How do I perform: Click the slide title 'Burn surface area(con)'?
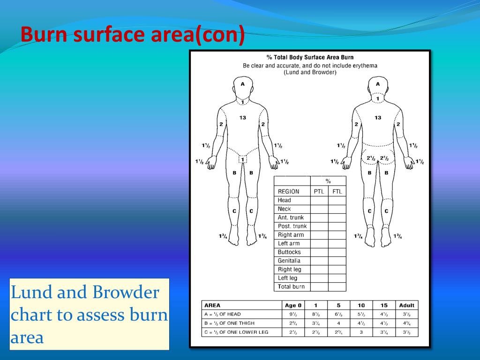133,34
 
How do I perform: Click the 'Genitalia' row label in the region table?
289,261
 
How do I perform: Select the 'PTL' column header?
319,192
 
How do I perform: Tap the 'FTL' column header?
337,192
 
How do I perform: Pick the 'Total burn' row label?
291,287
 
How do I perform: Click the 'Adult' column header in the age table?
406,305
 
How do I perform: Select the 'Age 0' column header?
293,305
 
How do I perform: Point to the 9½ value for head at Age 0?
293,315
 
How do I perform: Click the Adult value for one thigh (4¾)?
406,323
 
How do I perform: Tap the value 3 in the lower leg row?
361,332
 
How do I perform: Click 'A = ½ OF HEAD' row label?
223,315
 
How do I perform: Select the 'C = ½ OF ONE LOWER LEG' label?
236,332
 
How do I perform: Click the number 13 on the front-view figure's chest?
242,118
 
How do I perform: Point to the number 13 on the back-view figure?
378,118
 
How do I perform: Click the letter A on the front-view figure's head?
243,84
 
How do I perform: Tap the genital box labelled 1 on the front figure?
242,159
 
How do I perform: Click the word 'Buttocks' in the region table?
289,252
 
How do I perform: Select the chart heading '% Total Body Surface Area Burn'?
310,57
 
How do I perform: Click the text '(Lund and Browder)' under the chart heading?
310,73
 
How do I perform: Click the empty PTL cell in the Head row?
319,201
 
